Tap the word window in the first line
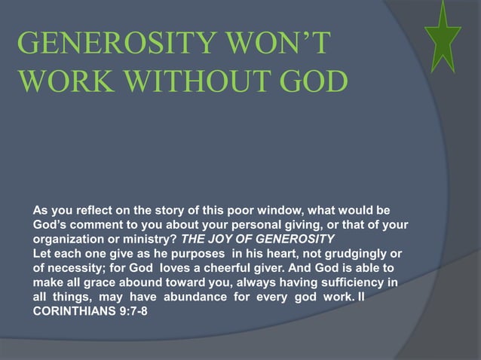pos(294,209)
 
